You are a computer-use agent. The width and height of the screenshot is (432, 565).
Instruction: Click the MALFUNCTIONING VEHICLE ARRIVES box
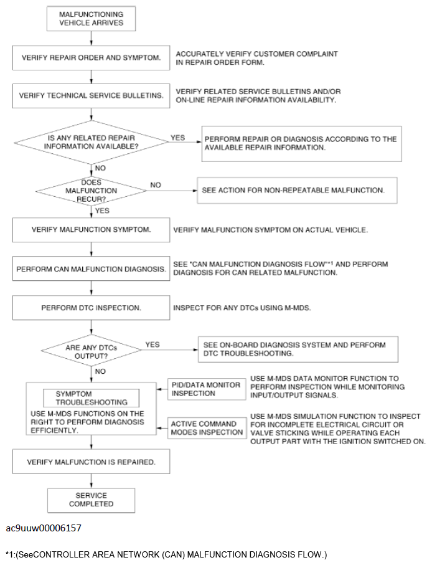click(x=91, y=19)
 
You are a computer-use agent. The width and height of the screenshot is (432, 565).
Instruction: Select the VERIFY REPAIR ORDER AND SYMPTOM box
click(x=91, y=58)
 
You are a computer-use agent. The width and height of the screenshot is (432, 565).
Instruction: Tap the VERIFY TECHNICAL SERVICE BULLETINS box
click(x=91, y=95)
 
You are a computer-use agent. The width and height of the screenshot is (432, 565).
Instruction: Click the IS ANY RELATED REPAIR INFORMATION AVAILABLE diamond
click(x=91, y=142)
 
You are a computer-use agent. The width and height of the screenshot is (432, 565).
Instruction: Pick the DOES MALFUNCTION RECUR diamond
click(x=91, y=191)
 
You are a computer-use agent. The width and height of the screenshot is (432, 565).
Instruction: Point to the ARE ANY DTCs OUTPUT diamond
click(x=91, y=350)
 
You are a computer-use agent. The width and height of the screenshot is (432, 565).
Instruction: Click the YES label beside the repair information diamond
click(x=177, y=138)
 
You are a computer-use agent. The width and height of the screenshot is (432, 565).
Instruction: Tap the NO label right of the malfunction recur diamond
click(x=156, y=185)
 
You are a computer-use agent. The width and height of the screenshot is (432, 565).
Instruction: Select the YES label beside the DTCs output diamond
click(x=153, y=344)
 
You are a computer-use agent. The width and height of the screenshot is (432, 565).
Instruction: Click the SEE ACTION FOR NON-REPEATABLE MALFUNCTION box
click(x=297, y=190)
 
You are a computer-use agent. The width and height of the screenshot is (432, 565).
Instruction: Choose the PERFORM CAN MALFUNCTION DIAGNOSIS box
click(x=91, y=269)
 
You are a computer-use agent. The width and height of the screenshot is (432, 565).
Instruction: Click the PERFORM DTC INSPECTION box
click(x=91, y=308)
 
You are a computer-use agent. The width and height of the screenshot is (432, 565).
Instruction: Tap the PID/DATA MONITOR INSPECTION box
click(x=207, y=389)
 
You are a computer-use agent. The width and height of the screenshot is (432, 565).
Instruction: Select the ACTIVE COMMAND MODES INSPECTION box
click(x=207, y=428)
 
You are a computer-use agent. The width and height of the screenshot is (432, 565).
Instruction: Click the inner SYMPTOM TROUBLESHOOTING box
click(x=91, y=398)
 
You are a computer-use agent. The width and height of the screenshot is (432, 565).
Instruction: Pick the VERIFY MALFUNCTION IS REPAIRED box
click(x=91, y=462)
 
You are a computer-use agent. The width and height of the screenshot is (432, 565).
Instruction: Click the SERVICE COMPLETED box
click(x=91, y=500)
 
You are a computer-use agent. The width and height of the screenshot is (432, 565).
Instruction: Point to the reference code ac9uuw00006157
click(x=44, y=528)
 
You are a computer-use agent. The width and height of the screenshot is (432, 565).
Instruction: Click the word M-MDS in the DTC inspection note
click(x=298, y=308)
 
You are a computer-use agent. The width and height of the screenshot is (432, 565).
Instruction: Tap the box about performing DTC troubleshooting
click(x=298, y=349)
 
